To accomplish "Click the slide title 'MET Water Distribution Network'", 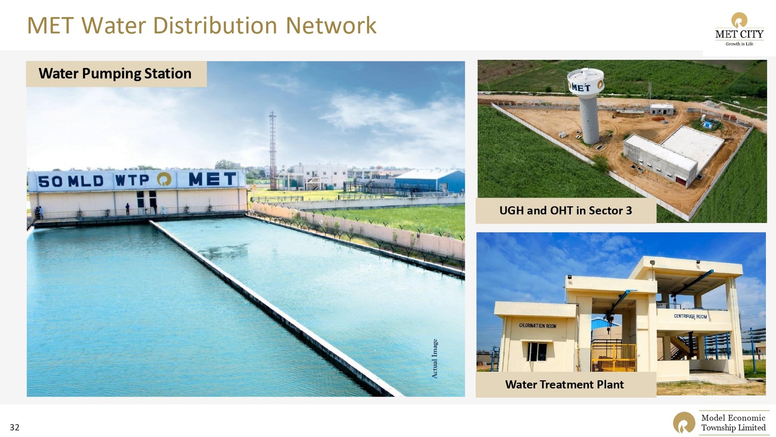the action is [x=202, y=25].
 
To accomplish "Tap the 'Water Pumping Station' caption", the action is [x=115, y=73].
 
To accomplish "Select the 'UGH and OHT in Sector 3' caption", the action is [x=566, y=211].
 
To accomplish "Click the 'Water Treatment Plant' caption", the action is [x=565, y=385].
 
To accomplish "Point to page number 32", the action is [x=15, y=427].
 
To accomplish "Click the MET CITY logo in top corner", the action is [x=739, y=29].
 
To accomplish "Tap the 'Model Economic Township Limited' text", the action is [x=733, y=422].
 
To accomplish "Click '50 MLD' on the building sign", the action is [x=71, y=181].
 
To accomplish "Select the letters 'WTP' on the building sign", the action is [x=132, y=180].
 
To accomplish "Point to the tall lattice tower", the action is [x=273, y=151].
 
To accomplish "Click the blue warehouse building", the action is [x=430, y=181].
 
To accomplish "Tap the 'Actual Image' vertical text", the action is [x=435, y=359].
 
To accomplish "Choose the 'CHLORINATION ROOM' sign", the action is [x=538, y=326].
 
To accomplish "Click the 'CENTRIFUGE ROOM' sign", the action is [x=691, y=316].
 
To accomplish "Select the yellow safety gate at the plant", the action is [x=614, y=357].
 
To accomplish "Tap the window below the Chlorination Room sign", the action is [x=537, y=352].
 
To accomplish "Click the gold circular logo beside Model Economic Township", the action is [x=684, y=422].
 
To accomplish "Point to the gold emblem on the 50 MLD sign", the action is [x=164, y=179].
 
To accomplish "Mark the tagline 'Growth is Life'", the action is [x=739, y=44].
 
